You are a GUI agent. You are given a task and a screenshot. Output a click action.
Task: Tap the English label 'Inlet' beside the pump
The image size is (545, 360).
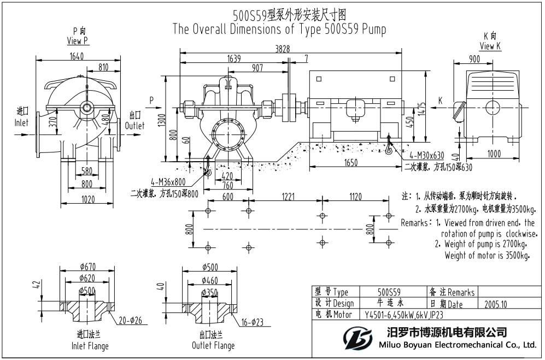point(21,123)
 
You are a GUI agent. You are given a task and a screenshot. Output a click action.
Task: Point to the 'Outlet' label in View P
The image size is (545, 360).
point(137,126)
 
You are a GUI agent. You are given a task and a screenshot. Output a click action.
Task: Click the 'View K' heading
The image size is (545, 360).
point(490,46)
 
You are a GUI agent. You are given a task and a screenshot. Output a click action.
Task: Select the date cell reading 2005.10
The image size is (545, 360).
point(496,304)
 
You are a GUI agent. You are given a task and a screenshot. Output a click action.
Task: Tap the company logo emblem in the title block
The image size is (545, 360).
point(360,337)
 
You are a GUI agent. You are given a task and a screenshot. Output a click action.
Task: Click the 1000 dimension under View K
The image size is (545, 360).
point(494,154)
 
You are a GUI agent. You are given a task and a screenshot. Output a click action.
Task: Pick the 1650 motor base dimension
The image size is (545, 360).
point(351,162)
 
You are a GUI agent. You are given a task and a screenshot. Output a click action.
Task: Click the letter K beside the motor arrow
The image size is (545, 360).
point(440,101)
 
